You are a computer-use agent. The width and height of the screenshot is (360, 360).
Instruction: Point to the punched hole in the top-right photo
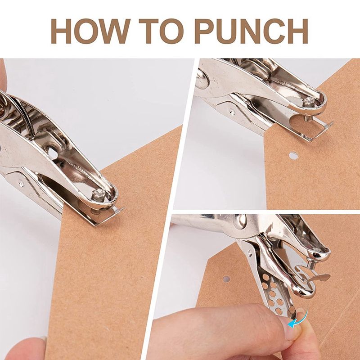[x=293, y=156]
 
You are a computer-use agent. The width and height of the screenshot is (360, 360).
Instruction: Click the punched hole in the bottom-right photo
[x=226, y=279]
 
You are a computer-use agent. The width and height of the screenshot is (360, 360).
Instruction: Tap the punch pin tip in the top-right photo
[x=308, y=119]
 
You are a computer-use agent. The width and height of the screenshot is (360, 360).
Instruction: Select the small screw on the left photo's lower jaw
[x=21, y=183]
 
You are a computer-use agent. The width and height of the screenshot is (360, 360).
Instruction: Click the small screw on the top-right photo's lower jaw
[x=232, y=112]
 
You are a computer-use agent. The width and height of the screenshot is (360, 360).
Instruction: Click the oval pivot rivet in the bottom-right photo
[x=240, y=222]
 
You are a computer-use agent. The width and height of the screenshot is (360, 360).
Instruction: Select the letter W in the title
[x=114, y=31]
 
